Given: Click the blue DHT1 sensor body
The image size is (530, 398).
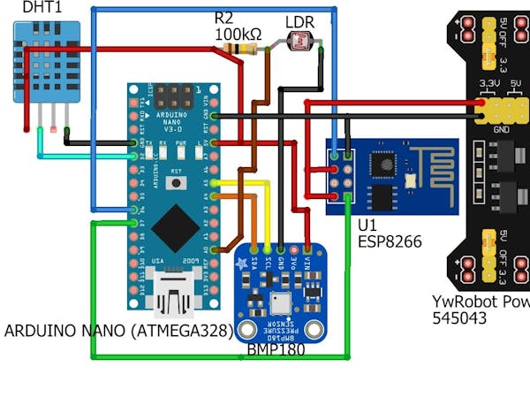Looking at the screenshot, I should click(x=45, y=62).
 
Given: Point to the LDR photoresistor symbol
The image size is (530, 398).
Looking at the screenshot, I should click(x=300, y=41).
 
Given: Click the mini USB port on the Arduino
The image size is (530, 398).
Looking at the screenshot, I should click(x=173, y=295).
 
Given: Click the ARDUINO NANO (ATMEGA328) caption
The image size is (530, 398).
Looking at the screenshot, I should click(x=117, y=331).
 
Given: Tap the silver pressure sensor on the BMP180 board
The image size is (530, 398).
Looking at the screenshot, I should click(x=280, y=303).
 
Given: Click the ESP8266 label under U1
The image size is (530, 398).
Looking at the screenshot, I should click(x=390, y=241).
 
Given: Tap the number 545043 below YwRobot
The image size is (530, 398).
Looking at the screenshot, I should click(x=458, y=318).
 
